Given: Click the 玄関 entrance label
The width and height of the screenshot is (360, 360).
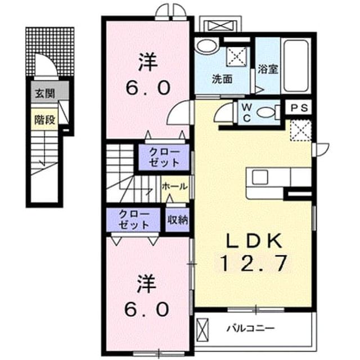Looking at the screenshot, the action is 45,93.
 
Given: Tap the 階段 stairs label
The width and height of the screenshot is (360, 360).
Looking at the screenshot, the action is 45,120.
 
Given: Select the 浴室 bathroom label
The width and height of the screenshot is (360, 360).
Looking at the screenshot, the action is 268,69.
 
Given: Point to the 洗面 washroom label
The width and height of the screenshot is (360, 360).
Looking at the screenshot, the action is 222,79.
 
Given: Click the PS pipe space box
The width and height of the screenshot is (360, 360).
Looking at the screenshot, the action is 299,107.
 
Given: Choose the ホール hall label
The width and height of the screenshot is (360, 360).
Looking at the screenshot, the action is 174,186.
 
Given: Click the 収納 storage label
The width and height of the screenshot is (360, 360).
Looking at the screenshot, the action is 178,220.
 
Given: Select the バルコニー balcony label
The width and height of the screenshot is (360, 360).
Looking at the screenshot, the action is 250,328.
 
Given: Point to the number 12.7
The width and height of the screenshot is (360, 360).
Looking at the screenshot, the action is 254,263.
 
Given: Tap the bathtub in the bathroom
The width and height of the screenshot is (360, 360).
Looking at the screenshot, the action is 296,66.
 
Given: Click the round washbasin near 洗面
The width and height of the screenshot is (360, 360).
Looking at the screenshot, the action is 207,46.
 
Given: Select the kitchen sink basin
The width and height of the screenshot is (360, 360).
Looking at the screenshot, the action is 260,178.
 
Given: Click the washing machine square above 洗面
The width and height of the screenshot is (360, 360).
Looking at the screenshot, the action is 237,57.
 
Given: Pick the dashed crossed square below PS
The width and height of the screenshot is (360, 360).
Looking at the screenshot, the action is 301,130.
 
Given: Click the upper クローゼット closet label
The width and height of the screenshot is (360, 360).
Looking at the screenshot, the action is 164,157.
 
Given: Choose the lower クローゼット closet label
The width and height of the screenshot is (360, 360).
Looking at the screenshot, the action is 134,220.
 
